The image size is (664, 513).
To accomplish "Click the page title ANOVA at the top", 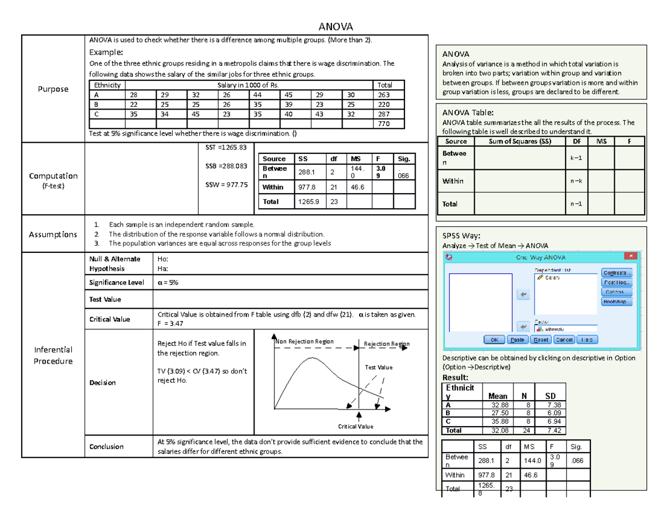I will click(x=334, y=27).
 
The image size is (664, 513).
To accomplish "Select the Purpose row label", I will click(x=53, y=89).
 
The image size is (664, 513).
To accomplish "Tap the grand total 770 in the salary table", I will click(x=384, y=124).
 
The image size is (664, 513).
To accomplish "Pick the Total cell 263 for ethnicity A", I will click(x=384, y=94).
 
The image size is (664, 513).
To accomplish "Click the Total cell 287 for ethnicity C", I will click(x=384, y=114).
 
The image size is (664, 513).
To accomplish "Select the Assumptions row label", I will click(x=53, y=234).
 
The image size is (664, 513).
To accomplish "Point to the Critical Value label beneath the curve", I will click(x=356, y=426).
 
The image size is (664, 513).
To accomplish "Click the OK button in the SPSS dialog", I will click(x=494, y=340).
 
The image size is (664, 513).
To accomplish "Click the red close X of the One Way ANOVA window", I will click(x=630, y=256).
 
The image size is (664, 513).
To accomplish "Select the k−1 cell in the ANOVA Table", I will click(x=575, y=158).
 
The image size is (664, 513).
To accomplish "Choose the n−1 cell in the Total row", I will click(x=575, y=204).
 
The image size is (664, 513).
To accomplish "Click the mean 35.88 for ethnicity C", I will click(x=499, y=421).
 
